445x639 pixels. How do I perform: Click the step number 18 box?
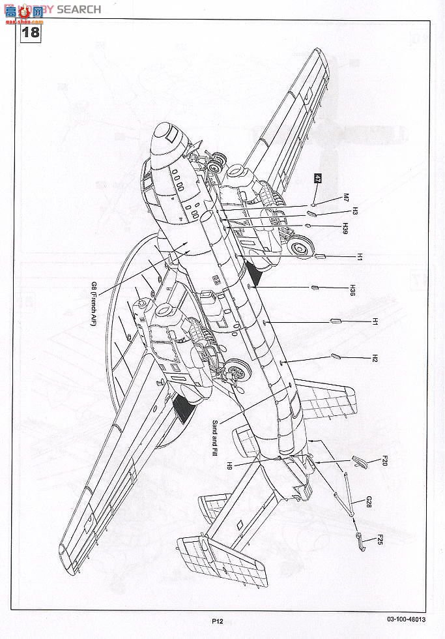click(x=31, y=31)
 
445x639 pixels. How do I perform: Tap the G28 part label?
click(x=369, y=502)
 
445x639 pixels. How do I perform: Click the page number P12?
click(x=217, y=621)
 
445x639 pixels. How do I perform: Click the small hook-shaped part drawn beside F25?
click(x=360, y=539)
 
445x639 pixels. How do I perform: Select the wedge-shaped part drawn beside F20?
click(x=359, y=462)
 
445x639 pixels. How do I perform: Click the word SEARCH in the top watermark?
click(x=79, y=9)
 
